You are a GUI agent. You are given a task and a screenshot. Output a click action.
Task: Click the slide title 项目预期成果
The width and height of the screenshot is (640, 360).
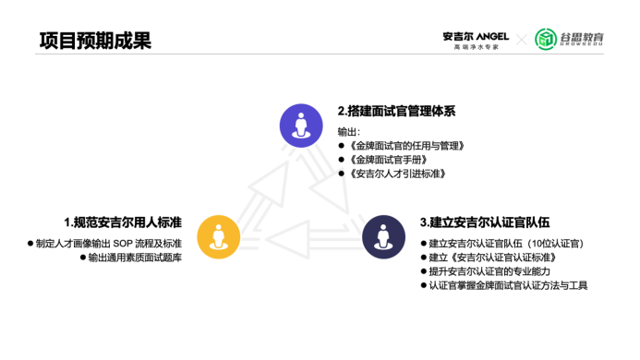[x=95, y=41]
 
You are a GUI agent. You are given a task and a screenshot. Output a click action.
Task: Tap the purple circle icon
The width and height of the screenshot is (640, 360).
[x=301, y=126]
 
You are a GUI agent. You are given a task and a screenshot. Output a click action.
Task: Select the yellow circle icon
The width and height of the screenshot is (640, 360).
[x=219, y=237]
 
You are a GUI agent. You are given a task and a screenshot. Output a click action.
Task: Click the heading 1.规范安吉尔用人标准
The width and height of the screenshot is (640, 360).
[x=123, y=222]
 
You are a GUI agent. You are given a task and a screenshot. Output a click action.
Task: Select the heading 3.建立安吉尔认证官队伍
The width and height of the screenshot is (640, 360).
[x=485, y=222]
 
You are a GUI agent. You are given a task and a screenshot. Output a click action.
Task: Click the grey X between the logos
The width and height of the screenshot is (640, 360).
[x=521, y=39]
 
